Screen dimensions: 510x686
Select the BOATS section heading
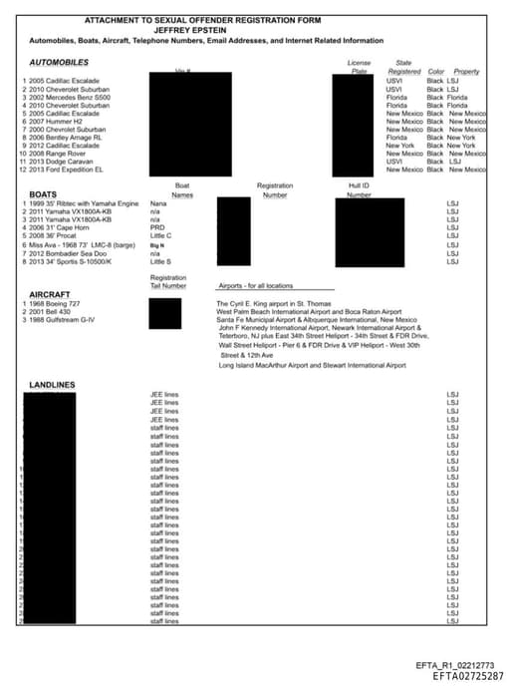(43, 194)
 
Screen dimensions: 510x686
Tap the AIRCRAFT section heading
(48, 295)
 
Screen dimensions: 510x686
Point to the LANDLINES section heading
(52, 385)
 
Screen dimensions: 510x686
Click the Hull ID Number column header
(359, 190)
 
